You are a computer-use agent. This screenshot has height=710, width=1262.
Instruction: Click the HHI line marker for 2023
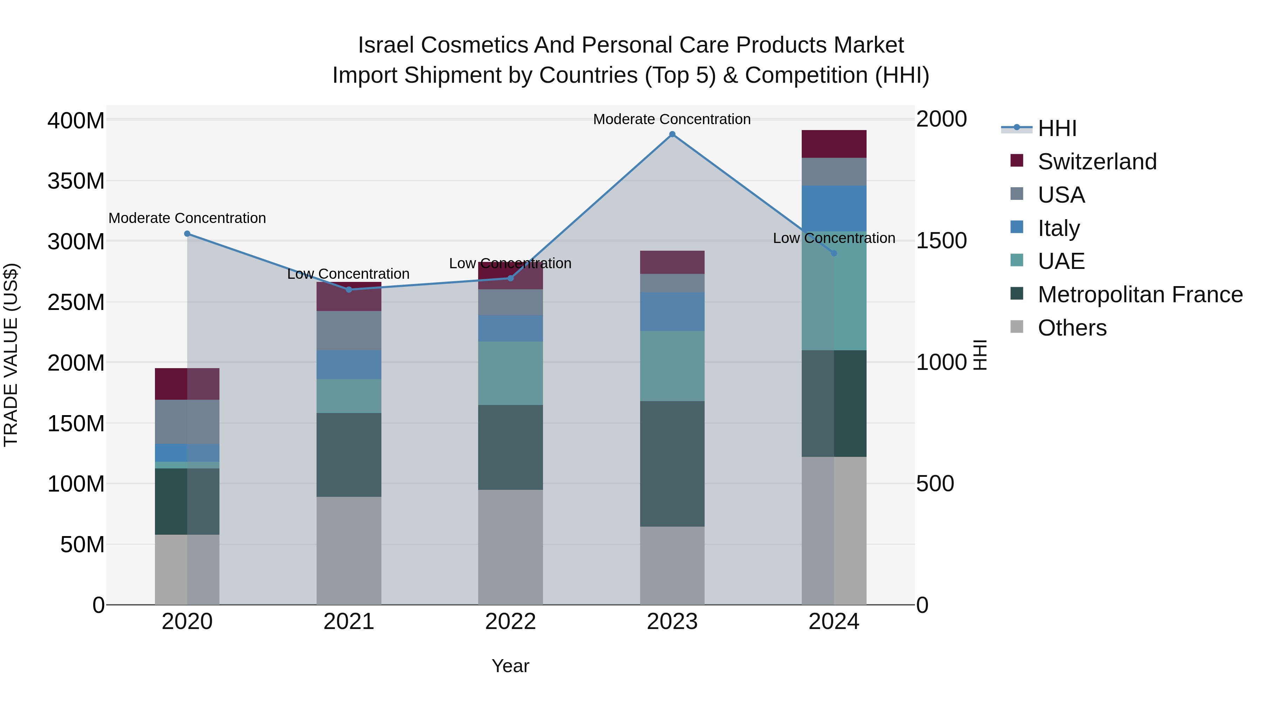(672, 134)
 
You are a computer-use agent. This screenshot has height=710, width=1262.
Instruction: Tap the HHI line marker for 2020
(187, 234)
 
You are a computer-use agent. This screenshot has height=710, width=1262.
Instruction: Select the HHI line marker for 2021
(349, 290)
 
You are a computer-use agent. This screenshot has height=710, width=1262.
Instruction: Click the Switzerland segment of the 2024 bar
(834, 144)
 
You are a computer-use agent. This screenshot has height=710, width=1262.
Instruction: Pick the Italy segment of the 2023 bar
(672, 312)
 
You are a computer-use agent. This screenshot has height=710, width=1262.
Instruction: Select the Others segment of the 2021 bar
(349, 551)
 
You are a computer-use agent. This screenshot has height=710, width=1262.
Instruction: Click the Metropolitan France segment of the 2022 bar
(510, 447)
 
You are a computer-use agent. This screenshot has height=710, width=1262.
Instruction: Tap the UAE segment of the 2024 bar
(834, 291)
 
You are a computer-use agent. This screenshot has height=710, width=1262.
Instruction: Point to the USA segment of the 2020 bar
(187, 422)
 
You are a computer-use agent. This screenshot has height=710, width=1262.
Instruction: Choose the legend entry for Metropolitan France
(1140, 295)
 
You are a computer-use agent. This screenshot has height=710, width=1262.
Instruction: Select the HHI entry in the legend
(1056, 128)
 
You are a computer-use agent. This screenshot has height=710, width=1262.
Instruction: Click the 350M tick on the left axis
(76, 181)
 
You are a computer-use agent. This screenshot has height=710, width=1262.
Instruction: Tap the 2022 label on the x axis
(510, 622)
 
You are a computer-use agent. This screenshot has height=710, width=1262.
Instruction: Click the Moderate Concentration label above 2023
(672, 120)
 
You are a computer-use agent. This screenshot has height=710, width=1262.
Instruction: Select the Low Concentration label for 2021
(348, 274)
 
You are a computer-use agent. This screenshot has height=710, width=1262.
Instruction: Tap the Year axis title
(510, 666)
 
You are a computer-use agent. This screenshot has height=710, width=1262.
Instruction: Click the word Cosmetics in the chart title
(473, 45)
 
